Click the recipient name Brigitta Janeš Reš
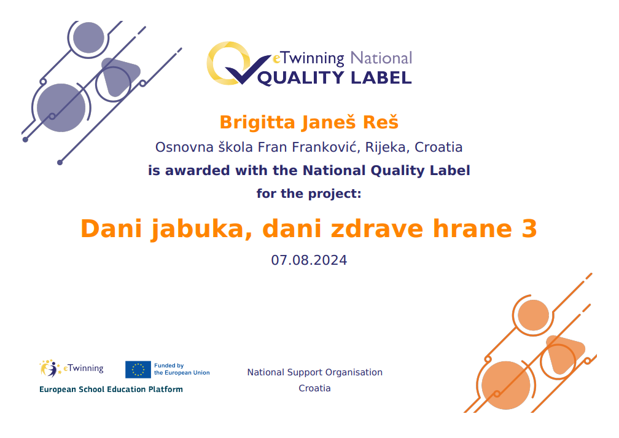[309, 122]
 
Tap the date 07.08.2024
[309, 260]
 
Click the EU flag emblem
[138, 370]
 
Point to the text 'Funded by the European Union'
[182, 369]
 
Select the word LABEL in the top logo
[381, 78]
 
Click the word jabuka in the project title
[201, 229]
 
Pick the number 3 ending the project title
[529, 229]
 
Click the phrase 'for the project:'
[309, 194]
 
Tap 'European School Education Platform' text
[111, 389]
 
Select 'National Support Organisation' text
[314, 372]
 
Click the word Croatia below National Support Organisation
[314, 388]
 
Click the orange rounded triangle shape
[564, 354]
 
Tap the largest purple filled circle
[61, 108]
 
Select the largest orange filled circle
[506, 385]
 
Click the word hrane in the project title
[472, 229]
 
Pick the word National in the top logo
[381, 58]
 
